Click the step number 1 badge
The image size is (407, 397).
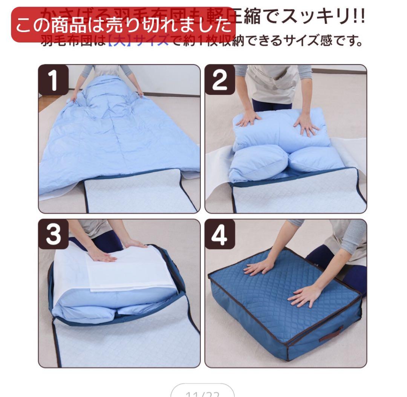coord(54,79)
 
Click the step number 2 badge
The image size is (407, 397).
coord(220,79)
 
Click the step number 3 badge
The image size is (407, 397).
coord(54,234)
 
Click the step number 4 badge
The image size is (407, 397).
coord(220,234)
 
